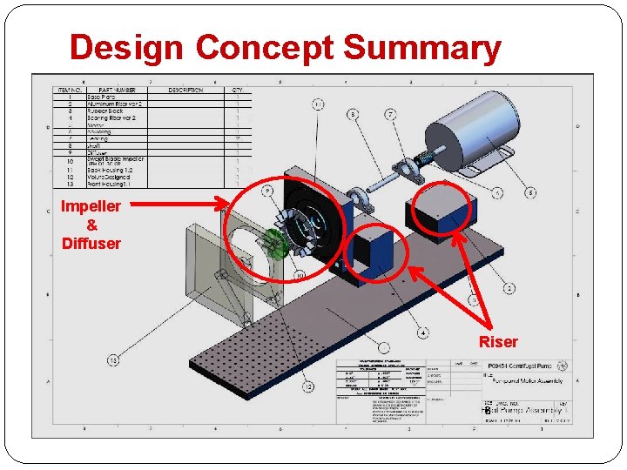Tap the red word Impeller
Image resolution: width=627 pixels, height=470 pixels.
[91, 206]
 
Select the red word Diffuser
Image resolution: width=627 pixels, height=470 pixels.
[91, 243]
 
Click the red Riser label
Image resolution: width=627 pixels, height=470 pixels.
[497, 342]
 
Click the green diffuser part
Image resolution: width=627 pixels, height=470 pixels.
[276, 245]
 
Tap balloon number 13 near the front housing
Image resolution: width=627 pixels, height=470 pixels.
[113, 359]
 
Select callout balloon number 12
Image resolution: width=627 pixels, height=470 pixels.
[307, 386]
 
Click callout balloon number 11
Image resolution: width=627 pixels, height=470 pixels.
[319, 104]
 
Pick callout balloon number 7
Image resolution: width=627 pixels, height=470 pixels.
[390, 114]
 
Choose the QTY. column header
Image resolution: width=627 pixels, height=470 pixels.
[237, 91]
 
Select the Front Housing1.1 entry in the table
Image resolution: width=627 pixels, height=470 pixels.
[110, 184]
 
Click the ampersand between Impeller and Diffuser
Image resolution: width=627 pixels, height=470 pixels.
[91, 225]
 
